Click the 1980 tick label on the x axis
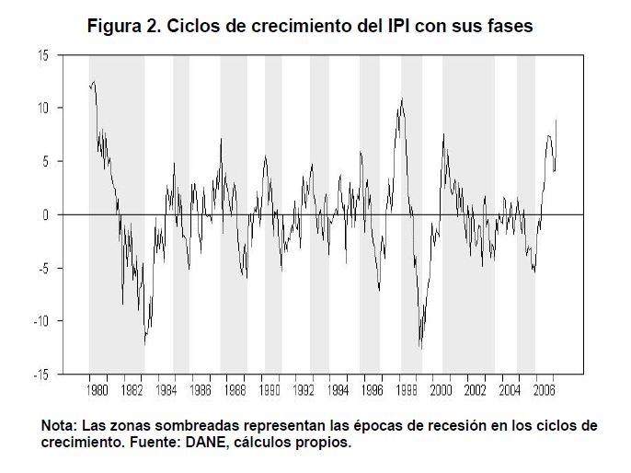[98, 389]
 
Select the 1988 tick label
[235, 389]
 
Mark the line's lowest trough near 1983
[144, 345]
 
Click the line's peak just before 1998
[401, 99]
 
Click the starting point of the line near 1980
[89, 86]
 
